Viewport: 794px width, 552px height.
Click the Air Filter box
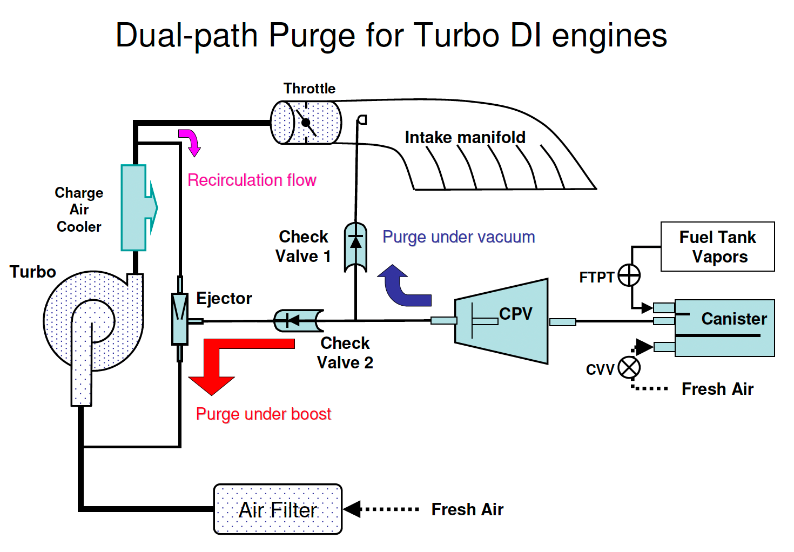click(x=278, y=509)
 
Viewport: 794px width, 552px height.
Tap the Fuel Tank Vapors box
click(x=717, y=246)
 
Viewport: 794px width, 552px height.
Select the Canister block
click(x=724, y=328)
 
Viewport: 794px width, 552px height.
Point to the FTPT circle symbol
click(x=629, y=275)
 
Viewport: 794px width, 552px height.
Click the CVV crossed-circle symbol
click(x=629, y=368)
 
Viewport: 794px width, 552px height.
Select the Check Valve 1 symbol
click(x=355, y=247)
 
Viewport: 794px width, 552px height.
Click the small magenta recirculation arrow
click(x=190, y=142)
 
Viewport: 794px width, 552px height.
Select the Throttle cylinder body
click(x=306, y=122)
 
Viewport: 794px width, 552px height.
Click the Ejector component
click(x=180, y=319)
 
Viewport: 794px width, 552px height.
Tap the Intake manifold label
click(x=465, y=137)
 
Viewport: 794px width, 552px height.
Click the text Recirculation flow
click(x=252, y=180)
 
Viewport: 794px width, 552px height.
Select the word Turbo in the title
click(x=454, y=36)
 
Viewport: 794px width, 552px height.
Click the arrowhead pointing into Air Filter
click(x=352, y=509)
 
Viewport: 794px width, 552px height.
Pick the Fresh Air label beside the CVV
click(x=717, y=389)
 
